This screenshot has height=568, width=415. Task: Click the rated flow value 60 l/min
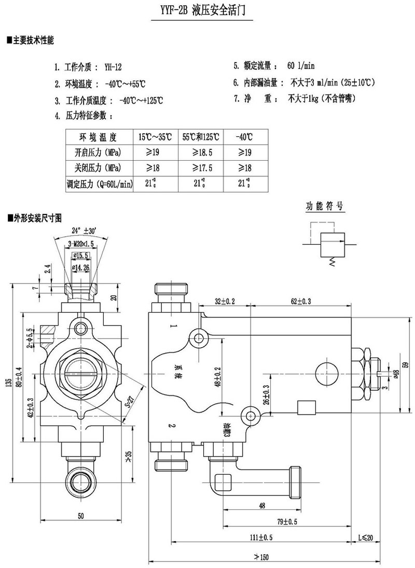pyautogui.click(x=301, y=66)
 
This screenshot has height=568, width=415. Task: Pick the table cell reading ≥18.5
pyautogui.click(x=200, y=152)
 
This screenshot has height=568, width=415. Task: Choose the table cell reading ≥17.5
pyautogui.click(x=200, y=168)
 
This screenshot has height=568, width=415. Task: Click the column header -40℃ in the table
pyautogui.click(x=243, y=137)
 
